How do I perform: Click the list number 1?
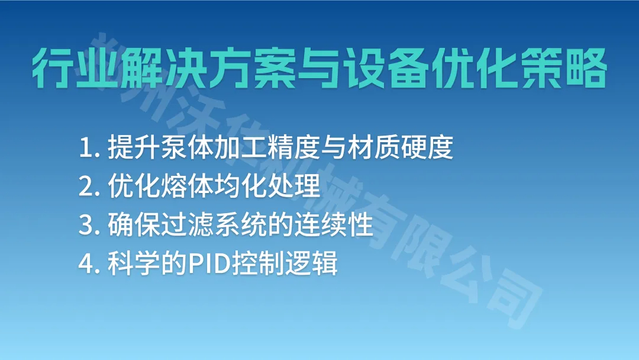pyautogui.click(x=85, y=148)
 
